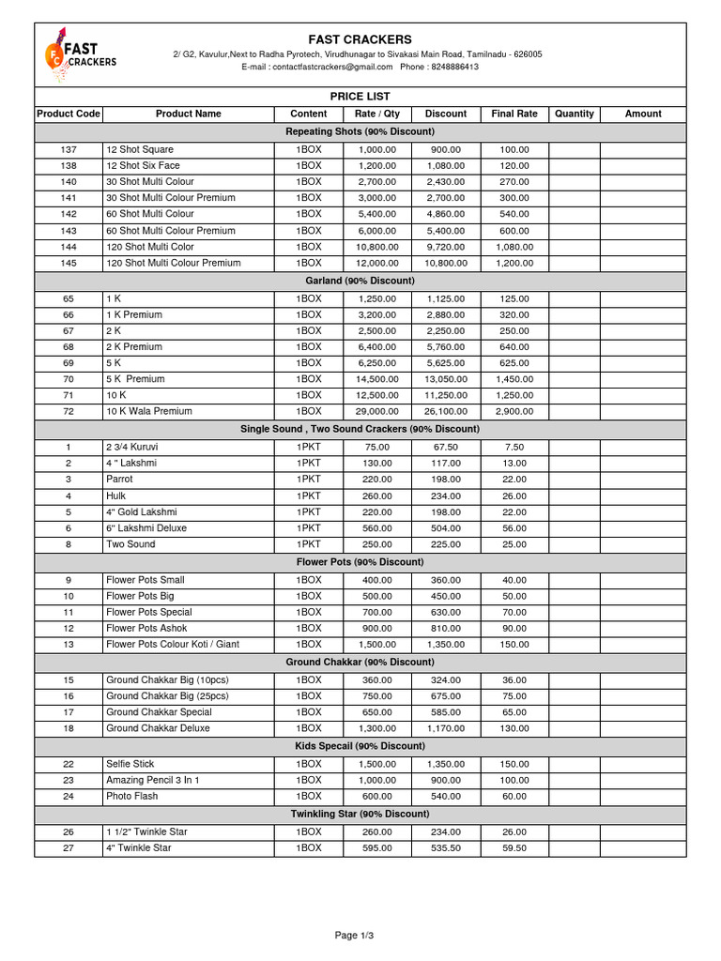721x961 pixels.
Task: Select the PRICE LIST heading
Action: [360, 97]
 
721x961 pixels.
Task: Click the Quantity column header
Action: [575, 114]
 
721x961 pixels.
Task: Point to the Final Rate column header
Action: [514, 114]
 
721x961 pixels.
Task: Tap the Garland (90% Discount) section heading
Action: [360, 281]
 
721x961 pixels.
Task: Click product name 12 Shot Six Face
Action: [143, 165]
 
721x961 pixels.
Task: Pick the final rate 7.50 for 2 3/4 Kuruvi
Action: [514, 447]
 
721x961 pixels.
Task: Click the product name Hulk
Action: [116, 496]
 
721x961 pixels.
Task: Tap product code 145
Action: [69, 263]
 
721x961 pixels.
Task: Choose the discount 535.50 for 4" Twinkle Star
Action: [446, 847]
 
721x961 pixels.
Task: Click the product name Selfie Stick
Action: [131, 764]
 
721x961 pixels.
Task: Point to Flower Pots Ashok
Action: [146, 628]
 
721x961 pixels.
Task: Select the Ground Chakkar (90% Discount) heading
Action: [360, 662]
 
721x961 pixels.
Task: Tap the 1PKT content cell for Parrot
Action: [309, 479]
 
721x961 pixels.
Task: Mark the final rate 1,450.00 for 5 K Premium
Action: [514, 379]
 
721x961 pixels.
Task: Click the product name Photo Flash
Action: [132, 796]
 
